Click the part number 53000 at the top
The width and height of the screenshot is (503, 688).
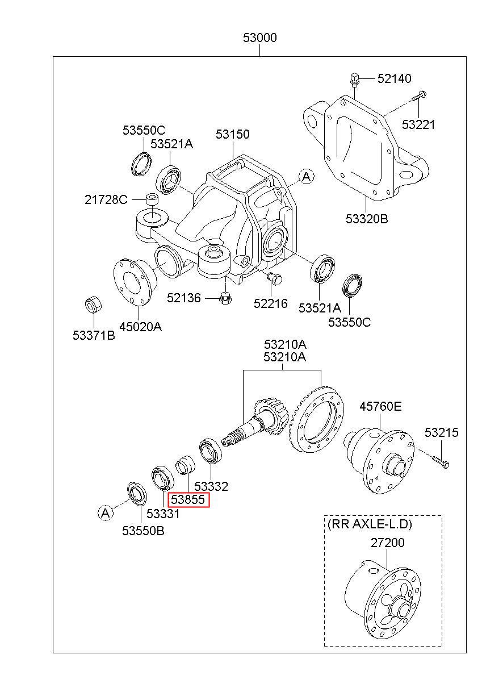259,37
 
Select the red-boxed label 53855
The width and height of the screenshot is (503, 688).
188,499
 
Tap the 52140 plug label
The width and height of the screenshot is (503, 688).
394,78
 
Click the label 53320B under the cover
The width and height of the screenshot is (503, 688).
367,219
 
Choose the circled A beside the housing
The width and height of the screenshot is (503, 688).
306,177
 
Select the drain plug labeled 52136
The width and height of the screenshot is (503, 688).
226,298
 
